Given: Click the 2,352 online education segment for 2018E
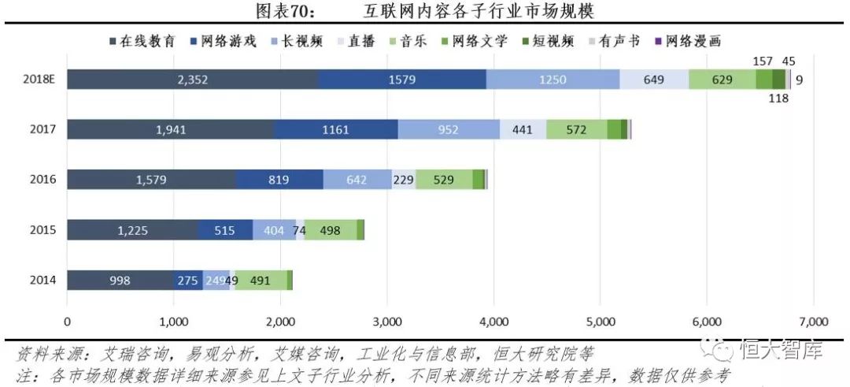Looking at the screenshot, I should coord(192,80).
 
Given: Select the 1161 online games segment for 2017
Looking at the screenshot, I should coord(335,130).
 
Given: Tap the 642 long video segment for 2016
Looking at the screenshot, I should coord(357,180).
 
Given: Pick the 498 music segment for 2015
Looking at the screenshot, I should coord(331,230).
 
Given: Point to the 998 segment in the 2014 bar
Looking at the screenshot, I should coord(120,280).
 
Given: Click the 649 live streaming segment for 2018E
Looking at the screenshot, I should coord(654,80).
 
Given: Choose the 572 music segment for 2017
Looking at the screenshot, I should coord(576,130).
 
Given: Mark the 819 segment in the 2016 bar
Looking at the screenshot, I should coord(279,180).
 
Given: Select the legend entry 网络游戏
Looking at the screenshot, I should coord(229,41).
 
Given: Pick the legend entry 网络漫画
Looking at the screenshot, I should coord(693,41).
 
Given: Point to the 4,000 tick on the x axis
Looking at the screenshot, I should coord(493,322).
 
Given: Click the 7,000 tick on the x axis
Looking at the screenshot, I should coord(813,322).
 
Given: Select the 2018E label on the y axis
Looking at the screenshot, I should coord(39,80).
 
